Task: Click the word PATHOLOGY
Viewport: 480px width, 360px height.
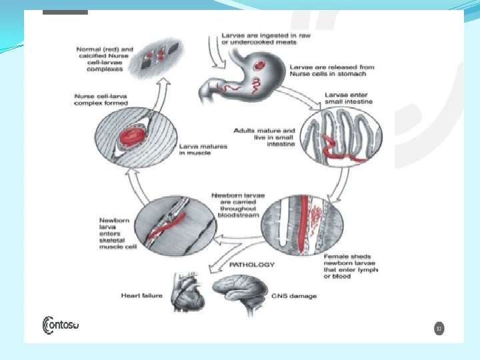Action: click(252, 265)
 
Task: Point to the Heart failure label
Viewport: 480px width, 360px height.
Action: click(141, 295)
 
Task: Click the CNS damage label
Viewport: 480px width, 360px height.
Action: click(295, 295)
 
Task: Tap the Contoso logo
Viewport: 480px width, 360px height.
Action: click(61, 325)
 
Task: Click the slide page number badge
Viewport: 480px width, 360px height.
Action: click(439, 329)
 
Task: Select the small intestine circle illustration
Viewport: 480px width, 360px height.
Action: click(333, 136)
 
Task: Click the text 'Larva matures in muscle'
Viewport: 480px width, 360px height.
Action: click(204, 149)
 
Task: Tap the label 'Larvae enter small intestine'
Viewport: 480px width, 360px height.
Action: click(349, 99)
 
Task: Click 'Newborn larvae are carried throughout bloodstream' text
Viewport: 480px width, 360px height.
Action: click(237, 205)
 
